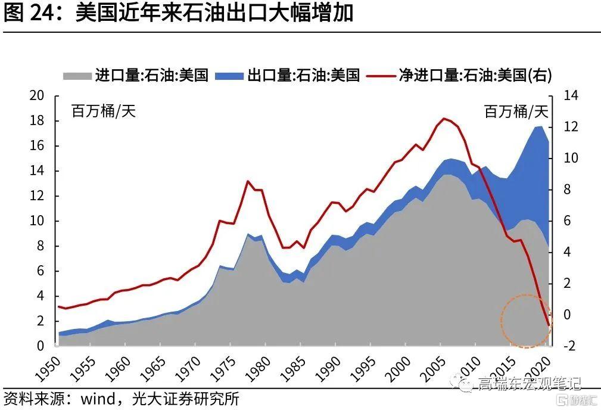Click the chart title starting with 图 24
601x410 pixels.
coord(179,13)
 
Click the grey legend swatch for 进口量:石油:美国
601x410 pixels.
coord(77,75)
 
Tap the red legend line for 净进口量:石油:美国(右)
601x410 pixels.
coord(382,75)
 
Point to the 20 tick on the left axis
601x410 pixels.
coord(37,96)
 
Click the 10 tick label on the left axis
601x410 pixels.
coord(37,221)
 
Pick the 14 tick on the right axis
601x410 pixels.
coord(563,96)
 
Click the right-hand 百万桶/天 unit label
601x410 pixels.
coord(516,111)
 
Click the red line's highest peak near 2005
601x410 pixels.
coord(444,119)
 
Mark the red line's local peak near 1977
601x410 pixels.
coord(247,181)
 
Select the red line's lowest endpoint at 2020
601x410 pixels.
coord(549,325)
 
